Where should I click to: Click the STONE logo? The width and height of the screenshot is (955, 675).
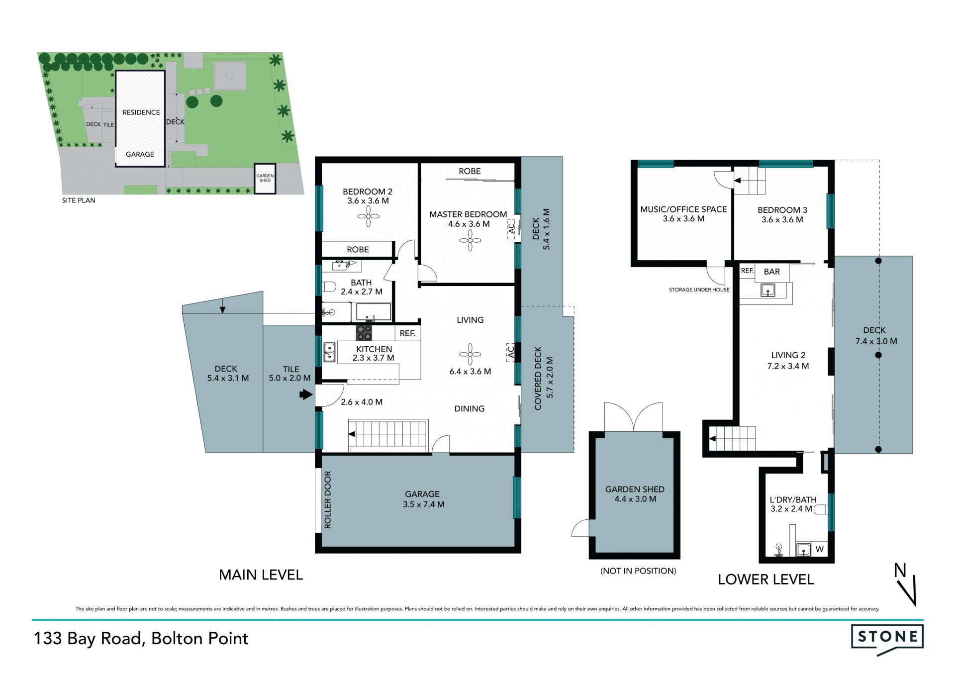(887, 639)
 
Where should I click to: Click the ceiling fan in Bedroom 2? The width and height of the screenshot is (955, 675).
(369, 216)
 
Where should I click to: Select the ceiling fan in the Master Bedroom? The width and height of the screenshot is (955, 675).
(470, 241)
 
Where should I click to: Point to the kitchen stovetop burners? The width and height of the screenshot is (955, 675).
(364, 333)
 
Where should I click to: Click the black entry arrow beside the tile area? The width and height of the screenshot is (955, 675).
(306, 395)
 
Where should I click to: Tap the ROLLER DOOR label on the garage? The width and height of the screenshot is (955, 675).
(328, 499)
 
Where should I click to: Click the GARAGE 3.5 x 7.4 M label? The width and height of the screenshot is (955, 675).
(423, 499)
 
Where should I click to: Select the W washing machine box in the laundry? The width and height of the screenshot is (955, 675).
(820, 549)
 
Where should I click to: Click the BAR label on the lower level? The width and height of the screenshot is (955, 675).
(771, 272)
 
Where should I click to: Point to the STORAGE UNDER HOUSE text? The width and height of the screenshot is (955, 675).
(699, 289)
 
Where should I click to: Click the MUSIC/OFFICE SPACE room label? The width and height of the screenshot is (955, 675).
(683, 209)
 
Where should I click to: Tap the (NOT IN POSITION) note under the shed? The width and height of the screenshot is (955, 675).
(638, 571)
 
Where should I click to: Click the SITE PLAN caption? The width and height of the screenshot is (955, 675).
(79, 200)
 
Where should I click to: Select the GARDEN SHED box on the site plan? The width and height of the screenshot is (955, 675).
(265, 179)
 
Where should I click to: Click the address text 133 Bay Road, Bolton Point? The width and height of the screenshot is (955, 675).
(141, 639)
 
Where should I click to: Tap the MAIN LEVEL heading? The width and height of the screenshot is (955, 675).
(261, 575)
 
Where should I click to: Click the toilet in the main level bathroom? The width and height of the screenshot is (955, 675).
(329, 287)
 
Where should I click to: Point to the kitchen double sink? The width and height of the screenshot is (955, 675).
(329, 352)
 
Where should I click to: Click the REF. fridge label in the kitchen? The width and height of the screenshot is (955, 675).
(407, 333)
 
